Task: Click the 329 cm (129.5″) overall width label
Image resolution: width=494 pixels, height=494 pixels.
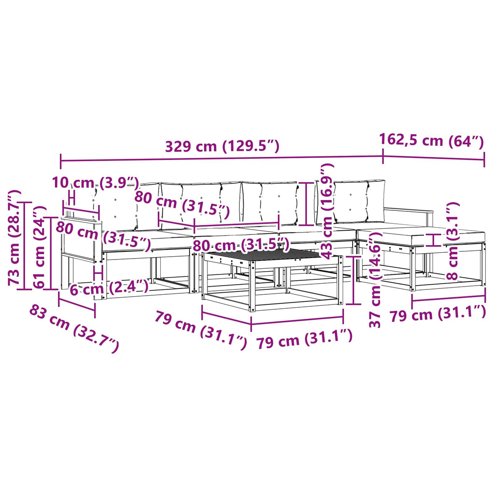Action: tap(222, 147)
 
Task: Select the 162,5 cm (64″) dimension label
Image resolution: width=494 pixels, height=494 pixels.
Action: tap(431, 141)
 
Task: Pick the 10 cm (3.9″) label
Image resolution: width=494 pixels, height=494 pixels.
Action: tap(95, 183)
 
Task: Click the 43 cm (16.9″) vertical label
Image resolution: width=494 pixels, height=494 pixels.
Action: tap(326, 211)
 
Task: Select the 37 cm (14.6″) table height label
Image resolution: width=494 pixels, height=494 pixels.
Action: tap(375, 280)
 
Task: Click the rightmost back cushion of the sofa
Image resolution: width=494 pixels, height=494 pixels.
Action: tap(359, 201)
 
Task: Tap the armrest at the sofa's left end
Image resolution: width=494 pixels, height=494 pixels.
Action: tap(81, 220)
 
